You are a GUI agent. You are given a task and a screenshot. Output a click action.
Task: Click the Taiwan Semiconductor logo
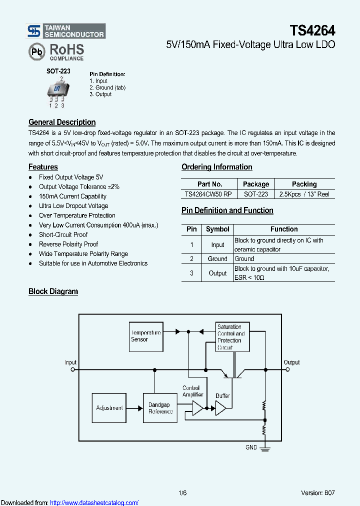coord(65,31)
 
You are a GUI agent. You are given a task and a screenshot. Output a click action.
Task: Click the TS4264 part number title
coord(312,30)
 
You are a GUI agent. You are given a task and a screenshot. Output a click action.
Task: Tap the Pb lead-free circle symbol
coord(36,51)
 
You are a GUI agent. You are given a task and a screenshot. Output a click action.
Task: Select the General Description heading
coord(62,122)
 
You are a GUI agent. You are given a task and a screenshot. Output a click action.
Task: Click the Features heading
coord(43,167)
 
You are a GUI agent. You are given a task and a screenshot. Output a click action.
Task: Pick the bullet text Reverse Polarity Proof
coord(68,244)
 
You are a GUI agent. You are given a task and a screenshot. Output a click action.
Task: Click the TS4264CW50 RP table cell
coord(208,194)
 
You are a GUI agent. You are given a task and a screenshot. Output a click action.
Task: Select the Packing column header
coord(304,184)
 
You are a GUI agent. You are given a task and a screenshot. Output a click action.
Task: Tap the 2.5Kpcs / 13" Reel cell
coord(304,194)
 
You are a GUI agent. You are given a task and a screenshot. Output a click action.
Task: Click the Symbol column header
coord(217,229)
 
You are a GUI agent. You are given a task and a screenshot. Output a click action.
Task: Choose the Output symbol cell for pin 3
coord(217,273)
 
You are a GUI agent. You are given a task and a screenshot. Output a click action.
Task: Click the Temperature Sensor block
coord(145,336)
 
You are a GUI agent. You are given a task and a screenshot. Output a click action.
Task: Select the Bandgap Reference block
coord(160,408)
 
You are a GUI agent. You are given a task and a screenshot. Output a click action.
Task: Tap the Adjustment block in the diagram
coord(109,408)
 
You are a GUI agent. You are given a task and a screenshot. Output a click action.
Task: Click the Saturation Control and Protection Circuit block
coord(232,336)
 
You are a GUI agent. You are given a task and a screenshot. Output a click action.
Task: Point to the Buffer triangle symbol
coord(220,409)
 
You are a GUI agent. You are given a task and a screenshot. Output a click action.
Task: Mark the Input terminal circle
coord(72,370)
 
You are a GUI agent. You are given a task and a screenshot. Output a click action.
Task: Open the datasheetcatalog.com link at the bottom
coord(94,502)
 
